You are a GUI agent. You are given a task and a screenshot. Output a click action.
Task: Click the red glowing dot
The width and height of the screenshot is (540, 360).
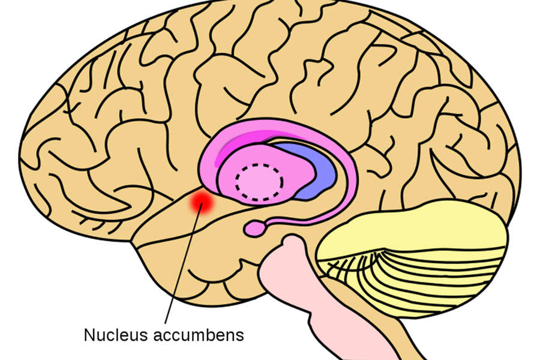coord(202,202)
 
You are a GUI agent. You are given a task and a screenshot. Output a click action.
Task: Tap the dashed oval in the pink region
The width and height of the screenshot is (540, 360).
coord(259,182)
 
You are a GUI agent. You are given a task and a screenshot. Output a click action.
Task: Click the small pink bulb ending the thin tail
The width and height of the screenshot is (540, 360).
coord(254,228)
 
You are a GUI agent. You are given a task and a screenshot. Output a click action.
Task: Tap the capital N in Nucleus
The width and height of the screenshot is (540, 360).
coord(89,334)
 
